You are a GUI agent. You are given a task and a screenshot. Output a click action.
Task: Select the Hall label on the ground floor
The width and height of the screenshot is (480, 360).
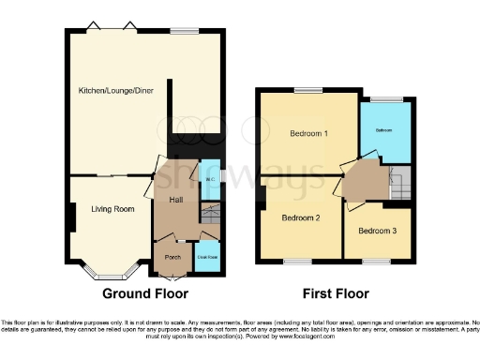(x=175, y=200)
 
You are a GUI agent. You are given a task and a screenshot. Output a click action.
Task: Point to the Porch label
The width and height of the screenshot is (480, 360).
(x=172, y=256)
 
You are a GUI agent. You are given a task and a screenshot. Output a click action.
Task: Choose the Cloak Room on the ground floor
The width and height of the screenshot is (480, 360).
(x=207, y=256)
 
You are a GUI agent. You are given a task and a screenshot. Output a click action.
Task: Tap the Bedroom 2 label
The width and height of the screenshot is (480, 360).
(x=302, y=217)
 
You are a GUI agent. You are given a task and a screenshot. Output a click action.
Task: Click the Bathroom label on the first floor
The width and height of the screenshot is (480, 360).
(x=385, y=129)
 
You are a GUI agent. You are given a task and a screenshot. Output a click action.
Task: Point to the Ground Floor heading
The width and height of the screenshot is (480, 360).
(x=153, y=293)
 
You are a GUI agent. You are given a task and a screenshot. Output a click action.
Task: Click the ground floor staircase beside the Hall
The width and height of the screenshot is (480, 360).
(x=210, y=217)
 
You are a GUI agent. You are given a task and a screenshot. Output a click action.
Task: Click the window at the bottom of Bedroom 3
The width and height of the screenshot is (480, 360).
(x=377, y=260)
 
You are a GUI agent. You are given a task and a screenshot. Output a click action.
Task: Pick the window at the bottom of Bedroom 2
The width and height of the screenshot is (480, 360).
(x=299, y=260)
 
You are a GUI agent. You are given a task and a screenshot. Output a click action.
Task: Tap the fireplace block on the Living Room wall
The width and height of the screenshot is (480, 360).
(x=71, y=218)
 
